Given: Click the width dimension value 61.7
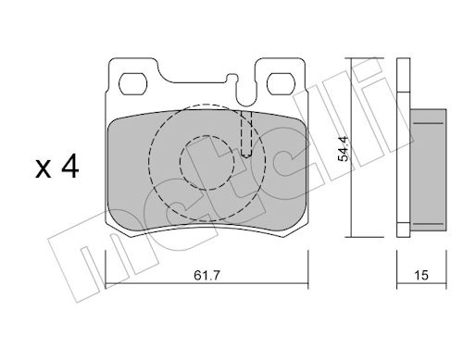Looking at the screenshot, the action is [x=206, y=275].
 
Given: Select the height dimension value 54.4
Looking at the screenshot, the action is [x=344, y=149].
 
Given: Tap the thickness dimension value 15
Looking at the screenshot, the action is [x=421, y=275].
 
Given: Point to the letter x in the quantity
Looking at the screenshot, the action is [x=44, y=169].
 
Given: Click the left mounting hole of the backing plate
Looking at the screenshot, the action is [x=133, y=84].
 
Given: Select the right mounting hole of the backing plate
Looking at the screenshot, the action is [x=282, y=84].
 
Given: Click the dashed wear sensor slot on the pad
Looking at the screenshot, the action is [x=246, y=134].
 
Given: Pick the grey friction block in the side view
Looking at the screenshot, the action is [x=428, y=170].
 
